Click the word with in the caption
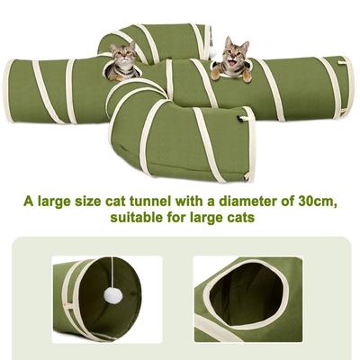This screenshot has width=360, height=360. pyautogui.click(x=186, y=200)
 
